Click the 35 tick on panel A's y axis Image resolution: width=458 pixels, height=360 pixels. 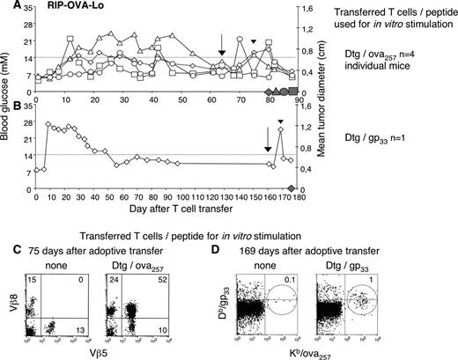(x=27, y=8)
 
